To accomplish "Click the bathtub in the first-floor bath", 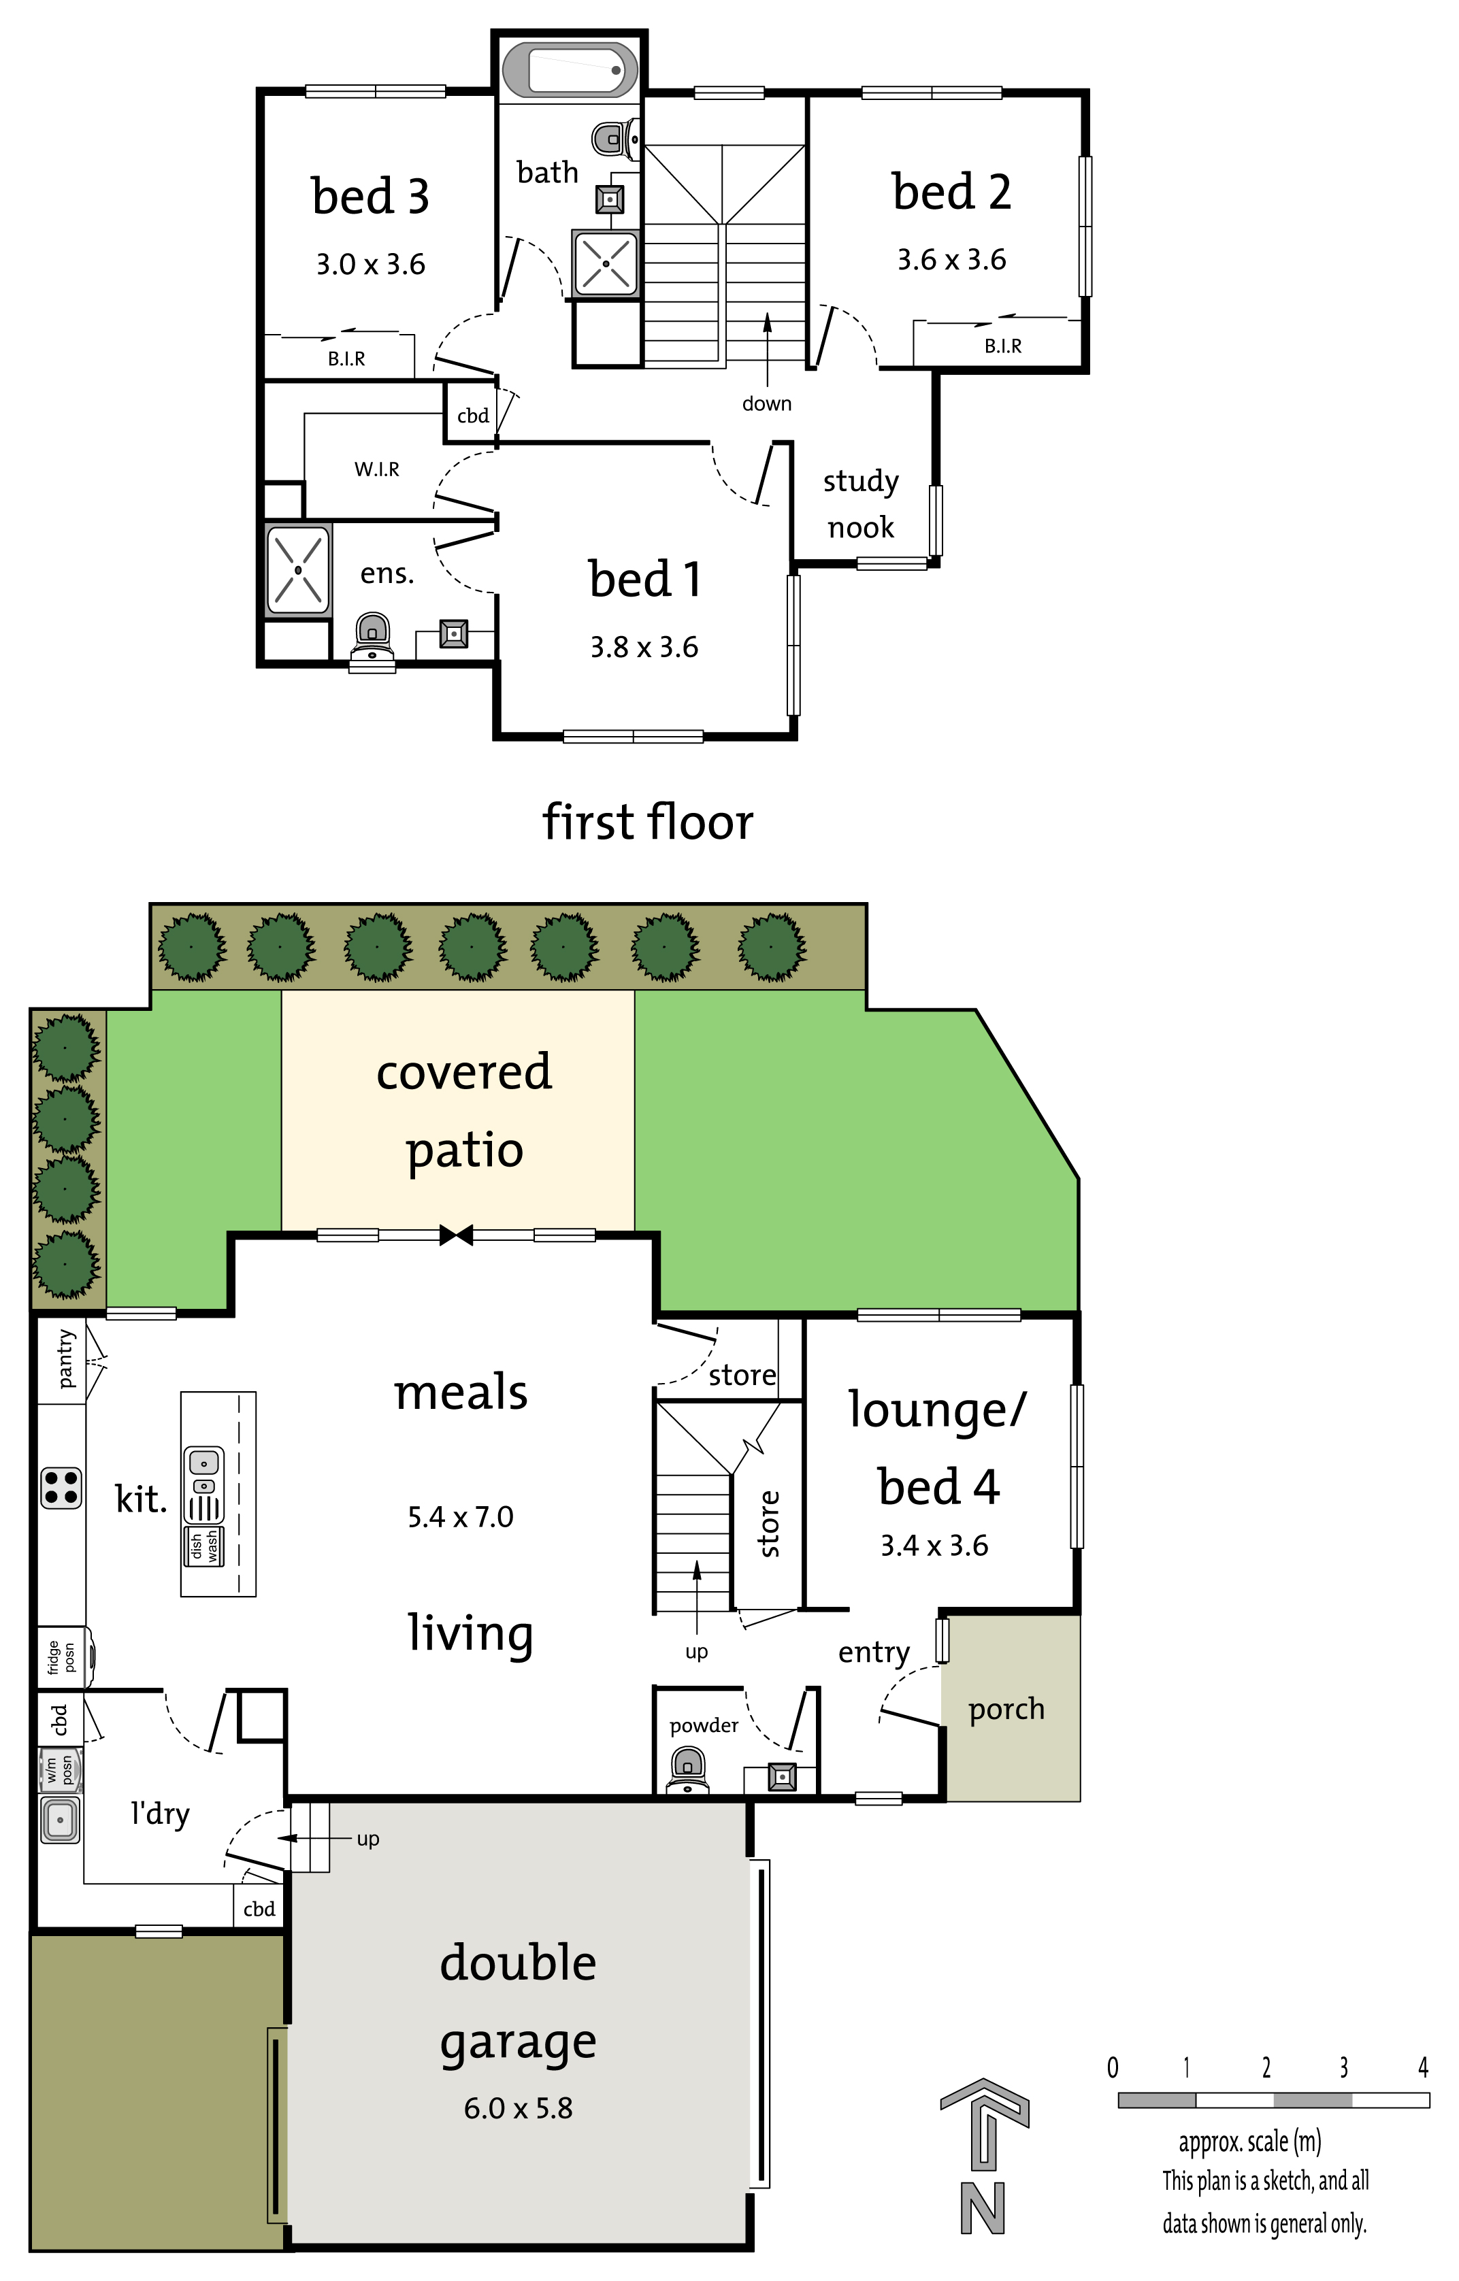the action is [570, 69].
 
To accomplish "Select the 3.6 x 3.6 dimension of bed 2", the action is [951, 260].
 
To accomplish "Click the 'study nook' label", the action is [860, 504].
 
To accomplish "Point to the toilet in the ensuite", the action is [372, 642].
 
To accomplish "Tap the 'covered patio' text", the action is [464, 1111].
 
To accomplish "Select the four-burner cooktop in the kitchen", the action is [61, 1487].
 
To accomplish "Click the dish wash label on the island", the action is [203, 1545].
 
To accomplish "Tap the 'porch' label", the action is [1006, 1710].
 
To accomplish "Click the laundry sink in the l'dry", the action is [61, 1820].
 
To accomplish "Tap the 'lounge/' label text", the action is [937, 1412].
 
